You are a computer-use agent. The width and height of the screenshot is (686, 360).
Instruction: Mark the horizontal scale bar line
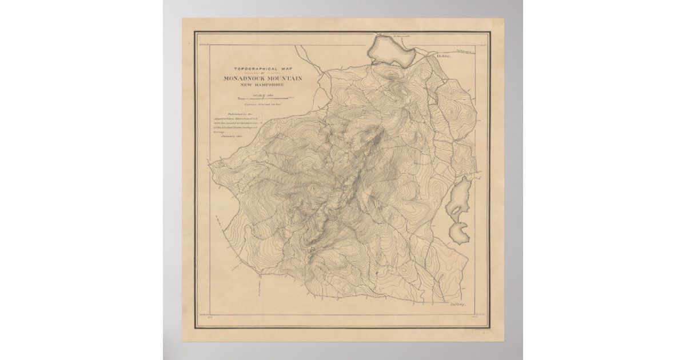pos(264,99)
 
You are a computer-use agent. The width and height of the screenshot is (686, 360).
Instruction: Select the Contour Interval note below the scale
pos(264,105)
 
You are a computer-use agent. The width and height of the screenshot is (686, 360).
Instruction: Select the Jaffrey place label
pos(457,305)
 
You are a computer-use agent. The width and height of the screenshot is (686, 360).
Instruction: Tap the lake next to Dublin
pos(392,50)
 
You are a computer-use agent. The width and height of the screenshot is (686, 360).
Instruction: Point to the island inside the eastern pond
pos(456,209)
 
